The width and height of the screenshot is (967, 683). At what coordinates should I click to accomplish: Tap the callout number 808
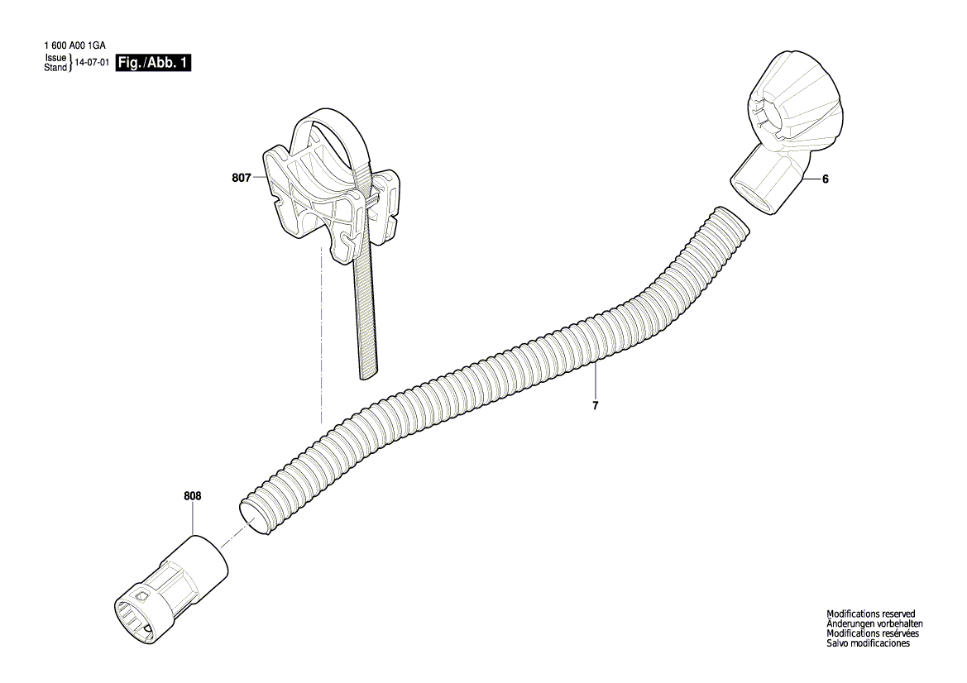193,496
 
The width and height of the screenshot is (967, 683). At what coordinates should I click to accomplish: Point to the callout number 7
596,406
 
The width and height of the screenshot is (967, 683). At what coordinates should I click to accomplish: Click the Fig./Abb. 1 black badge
154,63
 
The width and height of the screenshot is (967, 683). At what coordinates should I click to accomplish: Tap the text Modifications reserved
871,614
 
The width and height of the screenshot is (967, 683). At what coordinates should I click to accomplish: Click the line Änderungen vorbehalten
874,623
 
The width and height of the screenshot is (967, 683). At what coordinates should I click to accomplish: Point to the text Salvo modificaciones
868,643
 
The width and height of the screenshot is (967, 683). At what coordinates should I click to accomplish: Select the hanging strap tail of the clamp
365,322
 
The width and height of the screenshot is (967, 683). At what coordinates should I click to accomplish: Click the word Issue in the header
55,59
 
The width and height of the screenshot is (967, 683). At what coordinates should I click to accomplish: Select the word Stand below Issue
55,68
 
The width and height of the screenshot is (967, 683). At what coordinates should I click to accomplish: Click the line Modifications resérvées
873,633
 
